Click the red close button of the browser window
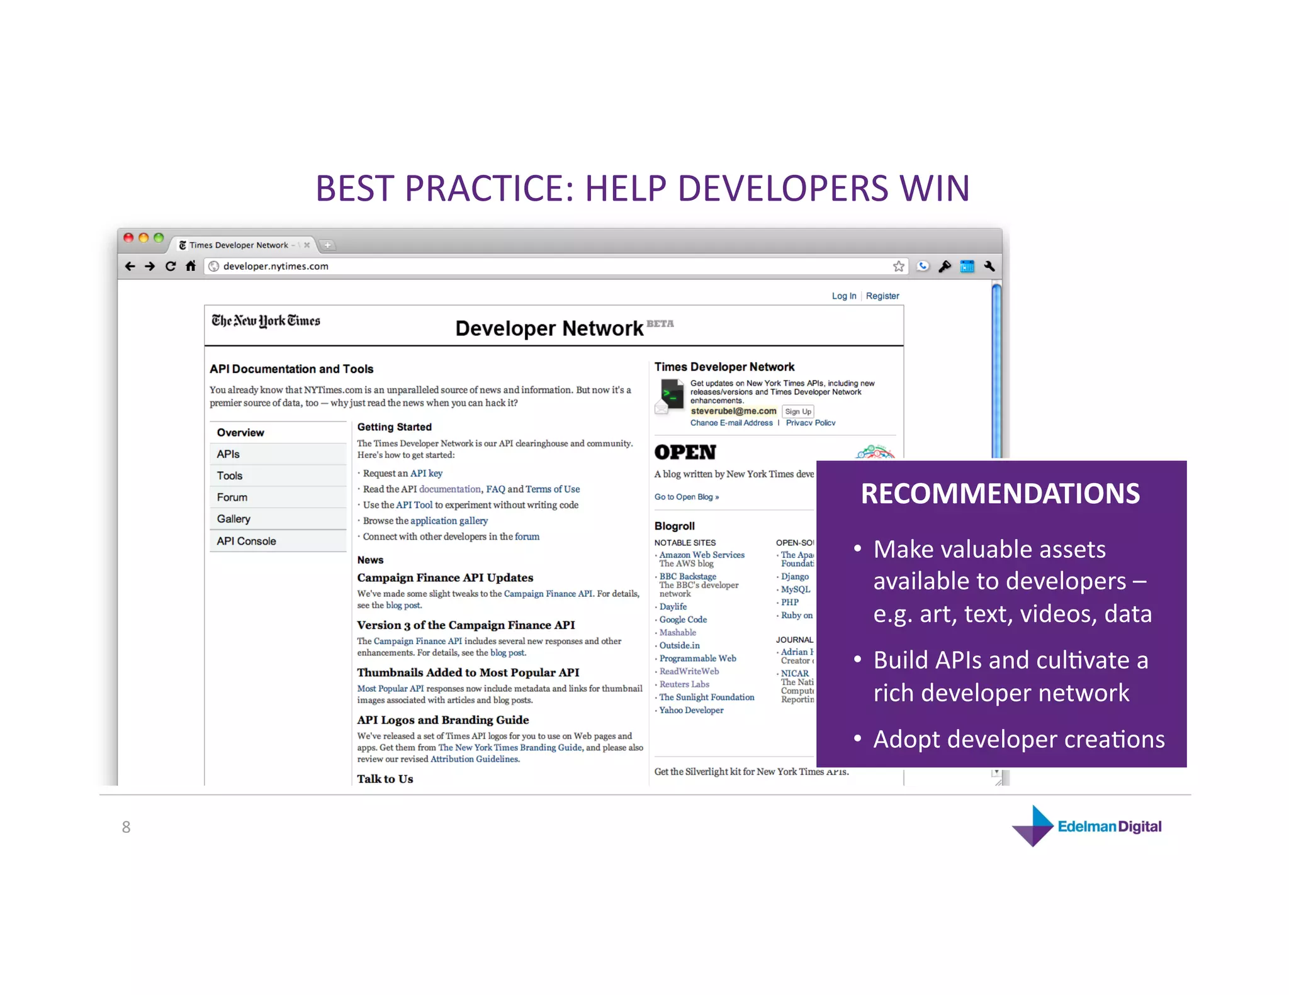(128, 238)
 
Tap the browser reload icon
(171, 266)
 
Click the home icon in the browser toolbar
(191, 266)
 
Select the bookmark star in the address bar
(898, 266)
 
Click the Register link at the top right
(882, 296)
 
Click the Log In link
(843, 296)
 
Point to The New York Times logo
(266, 321)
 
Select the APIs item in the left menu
(228, 454)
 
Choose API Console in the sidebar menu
(246, 541)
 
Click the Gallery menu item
(234, 519)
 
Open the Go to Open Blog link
(686, 497)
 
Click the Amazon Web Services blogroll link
(702, 555)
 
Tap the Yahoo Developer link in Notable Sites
(691, 710)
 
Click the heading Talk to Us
(385, 779)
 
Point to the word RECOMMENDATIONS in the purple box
(1000, 494)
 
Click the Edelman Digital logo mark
(1033, 826)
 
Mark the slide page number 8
(126, 827)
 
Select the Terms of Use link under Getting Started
(553, 489)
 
